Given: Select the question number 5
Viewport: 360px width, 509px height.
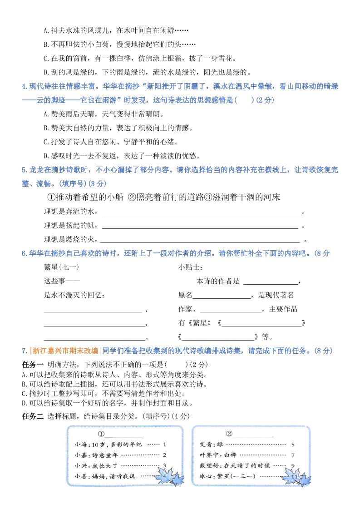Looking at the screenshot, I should coord(24,170).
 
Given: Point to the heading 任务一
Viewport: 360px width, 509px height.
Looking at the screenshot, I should coord(32,364).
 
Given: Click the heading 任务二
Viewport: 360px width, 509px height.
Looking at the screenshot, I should coord(32,416).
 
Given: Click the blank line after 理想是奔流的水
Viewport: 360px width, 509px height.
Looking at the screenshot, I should coord(202,212).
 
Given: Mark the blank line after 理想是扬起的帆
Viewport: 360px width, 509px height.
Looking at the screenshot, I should coord(200,225).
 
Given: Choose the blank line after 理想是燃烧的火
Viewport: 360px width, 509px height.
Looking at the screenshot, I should coord(200,239).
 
